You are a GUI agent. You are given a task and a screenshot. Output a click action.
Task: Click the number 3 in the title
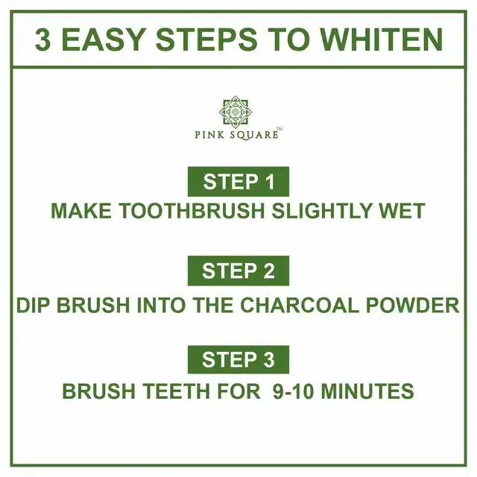(x=43, y=40)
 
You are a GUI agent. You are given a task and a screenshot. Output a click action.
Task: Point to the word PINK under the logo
(x=208, y=135)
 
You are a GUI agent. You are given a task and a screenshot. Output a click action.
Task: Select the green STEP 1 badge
(x=238, y=181)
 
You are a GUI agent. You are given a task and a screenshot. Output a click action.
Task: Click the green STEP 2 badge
(x=238, y=271)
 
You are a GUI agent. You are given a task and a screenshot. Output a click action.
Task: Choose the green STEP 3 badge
(x=238, y=360)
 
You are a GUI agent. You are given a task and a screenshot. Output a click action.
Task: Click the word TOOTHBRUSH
(x=183, y=211)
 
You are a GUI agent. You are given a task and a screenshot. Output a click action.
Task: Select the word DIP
(x=34, y=306)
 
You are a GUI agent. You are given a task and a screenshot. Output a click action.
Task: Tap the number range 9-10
(x=291, y=391)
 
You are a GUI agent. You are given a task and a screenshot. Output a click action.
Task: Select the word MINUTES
(x=367, y=391)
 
